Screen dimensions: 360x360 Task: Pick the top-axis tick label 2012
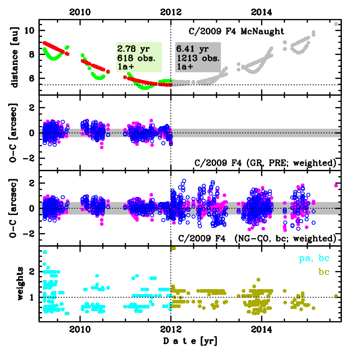tap(171, 11)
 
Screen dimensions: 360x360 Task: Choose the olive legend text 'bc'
tap(323, 273)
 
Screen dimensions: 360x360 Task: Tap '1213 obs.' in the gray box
tap(197, 58)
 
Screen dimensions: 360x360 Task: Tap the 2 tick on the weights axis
tap(33, 271)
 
